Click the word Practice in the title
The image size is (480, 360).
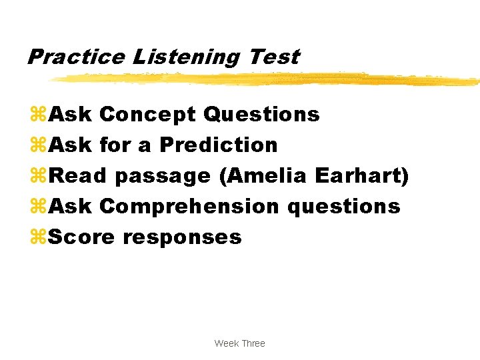75,57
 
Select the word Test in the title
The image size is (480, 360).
274,57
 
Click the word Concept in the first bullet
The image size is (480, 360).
148,115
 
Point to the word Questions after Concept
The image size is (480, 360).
261,115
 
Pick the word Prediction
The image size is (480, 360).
219,145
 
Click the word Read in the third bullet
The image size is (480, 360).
78,175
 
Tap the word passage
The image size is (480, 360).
162,177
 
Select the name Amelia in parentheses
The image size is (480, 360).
263,175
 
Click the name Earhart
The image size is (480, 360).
361,175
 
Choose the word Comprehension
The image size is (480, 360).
189,207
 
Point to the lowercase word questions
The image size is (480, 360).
344,207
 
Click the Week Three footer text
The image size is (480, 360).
239,343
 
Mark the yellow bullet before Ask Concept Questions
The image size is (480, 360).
37,115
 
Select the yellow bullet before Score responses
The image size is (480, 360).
37,237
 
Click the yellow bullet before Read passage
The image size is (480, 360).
37,176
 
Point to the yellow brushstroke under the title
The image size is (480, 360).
267,79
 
